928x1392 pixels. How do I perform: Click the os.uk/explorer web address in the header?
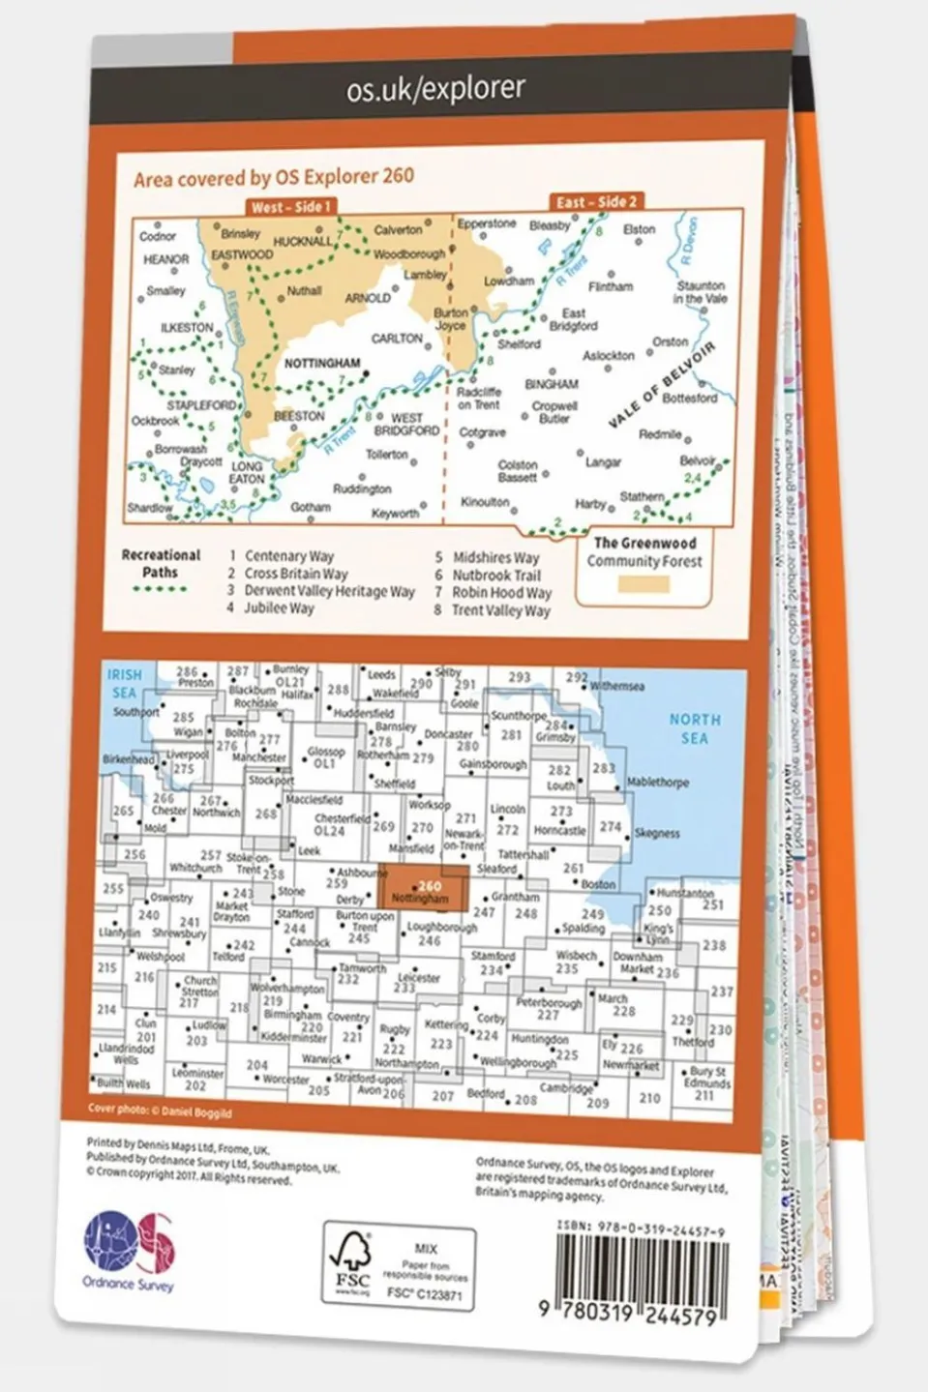point(435,90)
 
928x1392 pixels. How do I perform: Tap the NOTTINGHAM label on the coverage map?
point(321,364)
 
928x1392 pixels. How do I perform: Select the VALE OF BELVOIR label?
point(662,384)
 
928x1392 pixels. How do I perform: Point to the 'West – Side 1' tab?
point(290,207)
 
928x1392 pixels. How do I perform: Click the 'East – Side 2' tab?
point(596,202)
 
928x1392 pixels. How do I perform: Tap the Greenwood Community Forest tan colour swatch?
point(644,584)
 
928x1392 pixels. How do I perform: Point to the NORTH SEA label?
point(695,728)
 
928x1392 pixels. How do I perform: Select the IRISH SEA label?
point(124,683)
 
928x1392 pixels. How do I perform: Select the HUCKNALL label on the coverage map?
point(302,242)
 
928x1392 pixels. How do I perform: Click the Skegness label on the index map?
point(657,833)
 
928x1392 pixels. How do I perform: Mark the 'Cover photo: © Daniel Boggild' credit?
point(160,1111)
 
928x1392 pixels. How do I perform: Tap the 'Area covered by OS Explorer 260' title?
point(274,178)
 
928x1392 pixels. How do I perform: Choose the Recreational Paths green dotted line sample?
point(159,588)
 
